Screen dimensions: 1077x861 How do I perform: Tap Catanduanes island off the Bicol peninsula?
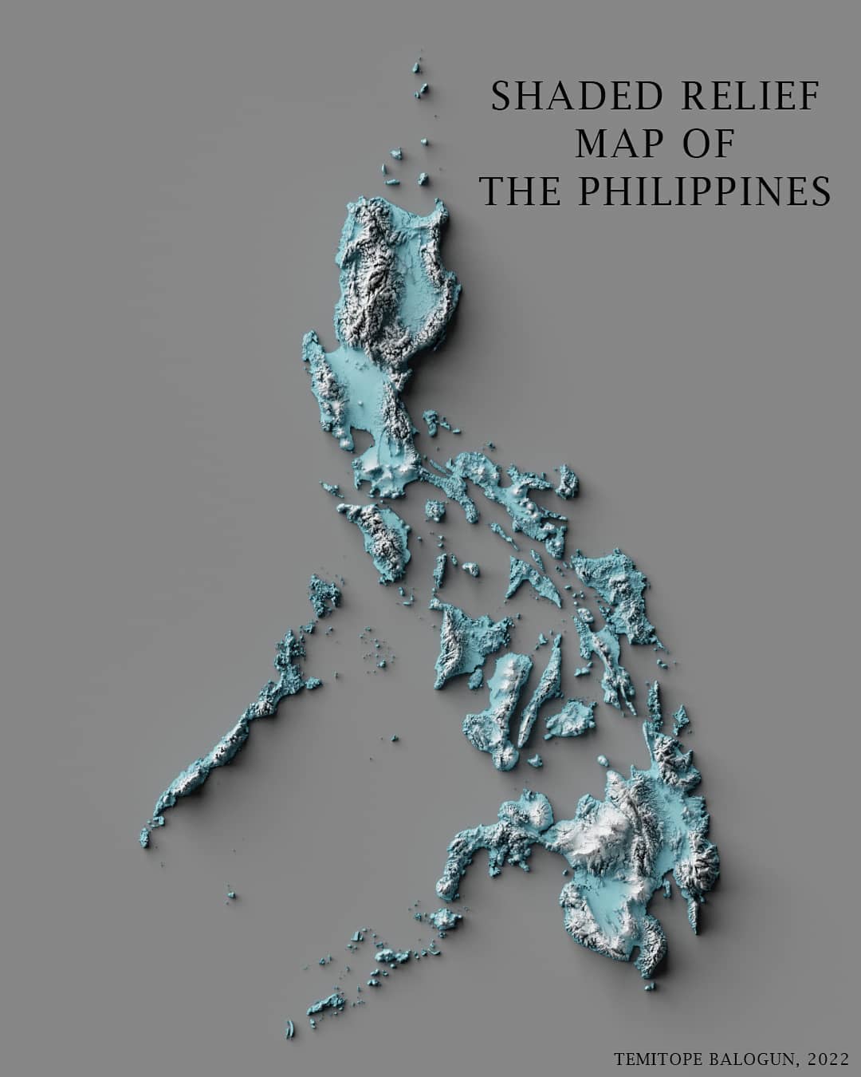(568, 481)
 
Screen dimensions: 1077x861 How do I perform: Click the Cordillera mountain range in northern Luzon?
(375, 271)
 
